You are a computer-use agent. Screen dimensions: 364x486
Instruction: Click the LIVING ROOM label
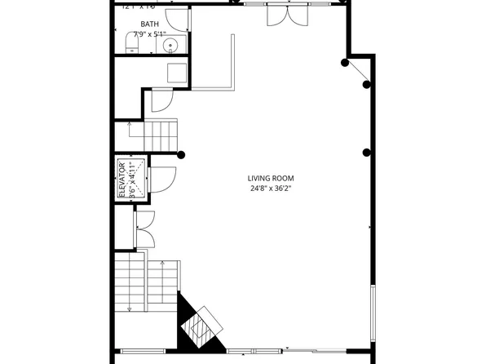click(271, 178)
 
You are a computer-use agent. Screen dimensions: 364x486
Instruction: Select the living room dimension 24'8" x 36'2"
click(271, 189)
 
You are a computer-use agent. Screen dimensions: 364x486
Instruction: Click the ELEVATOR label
click(121, 179)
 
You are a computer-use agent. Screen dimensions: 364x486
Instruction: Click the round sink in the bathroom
click(171, 45)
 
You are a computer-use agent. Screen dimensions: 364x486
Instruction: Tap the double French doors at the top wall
click(288, 14)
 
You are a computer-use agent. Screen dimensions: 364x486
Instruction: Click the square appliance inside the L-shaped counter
click(177, 72)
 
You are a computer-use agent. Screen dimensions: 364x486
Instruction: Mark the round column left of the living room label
click(181, 154)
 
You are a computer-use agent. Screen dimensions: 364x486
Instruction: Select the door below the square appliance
click(162, 99)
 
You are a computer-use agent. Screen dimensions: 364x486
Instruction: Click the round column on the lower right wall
click(368, 153)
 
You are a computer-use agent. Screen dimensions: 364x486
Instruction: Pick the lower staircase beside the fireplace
click(146, 282)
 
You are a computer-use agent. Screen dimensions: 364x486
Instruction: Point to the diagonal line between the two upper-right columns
click(357, 72)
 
